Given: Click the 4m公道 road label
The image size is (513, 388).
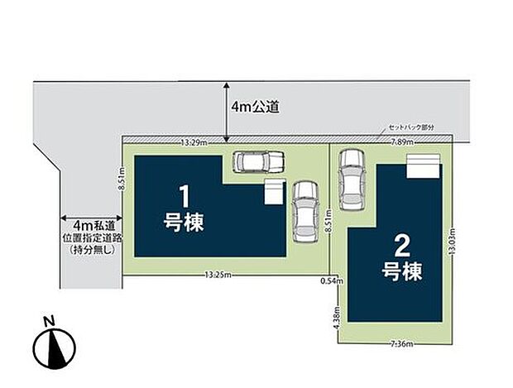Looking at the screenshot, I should (x=256, y=107).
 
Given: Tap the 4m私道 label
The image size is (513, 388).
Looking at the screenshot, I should (x=93, y=225).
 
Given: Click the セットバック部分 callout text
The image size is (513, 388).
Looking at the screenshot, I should (x=411, y=127).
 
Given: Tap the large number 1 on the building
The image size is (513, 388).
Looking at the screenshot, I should (x=186, y=197).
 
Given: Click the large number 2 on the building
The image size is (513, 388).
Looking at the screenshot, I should (x=403, y=245).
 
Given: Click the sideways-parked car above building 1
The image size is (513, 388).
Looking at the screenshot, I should (x=257, y=161).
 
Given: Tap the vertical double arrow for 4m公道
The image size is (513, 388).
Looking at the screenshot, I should (x=226, y=108).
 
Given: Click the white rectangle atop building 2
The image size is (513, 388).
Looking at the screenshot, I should (x=422, y=167).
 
